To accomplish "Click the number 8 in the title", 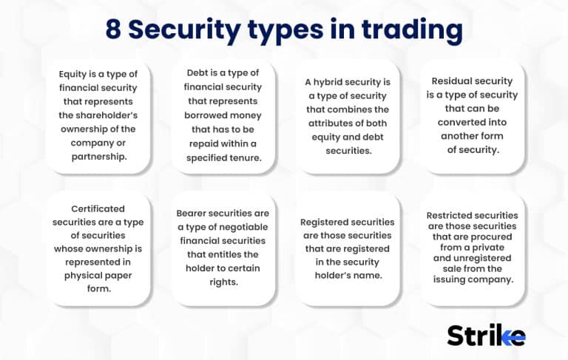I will (113, 30).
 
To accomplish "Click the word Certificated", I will (98, 208).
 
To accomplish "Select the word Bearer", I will (195, 213).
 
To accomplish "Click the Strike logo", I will (486, 335).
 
